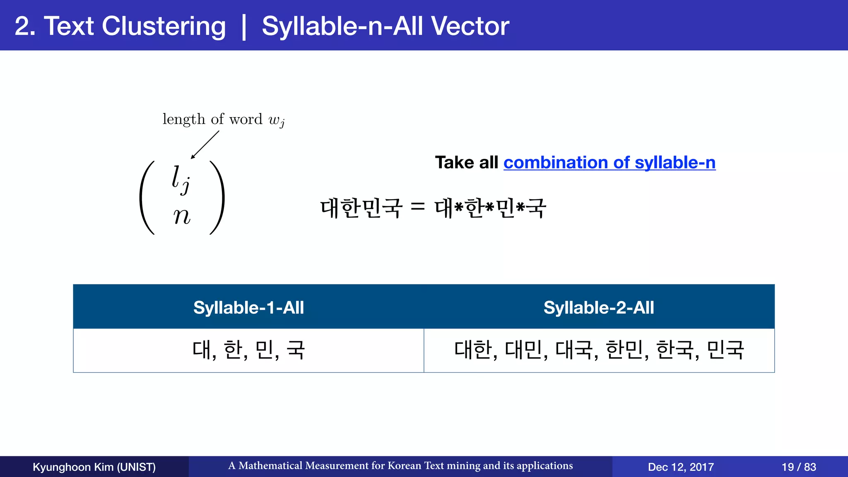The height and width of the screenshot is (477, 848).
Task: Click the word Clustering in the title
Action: click(x=164, y=26)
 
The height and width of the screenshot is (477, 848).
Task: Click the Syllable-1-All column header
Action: click(x=248, y=308)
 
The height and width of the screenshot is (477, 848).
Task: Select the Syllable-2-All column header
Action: click(x=599, y=308)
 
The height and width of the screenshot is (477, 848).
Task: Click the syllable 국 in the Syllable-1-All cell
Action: click(x=296, y=350)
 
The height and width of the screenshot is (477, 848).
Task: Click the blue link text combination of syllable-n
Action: click(x=609, y=162)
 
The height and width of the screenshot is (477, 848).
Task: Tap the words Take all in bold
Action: click(x=466, y=162)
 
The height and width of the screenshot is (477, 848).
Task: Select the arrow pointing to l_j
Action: click(x=205, y=145)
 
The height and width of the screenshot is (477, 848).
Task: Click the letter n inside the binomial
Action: click(x=182, y=216)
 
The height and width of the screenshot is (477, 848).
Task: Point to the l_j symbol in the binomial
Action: click(x=181, y=179)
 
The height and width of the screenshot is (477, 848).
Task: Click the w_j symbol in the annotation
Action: click(x=276, y=120)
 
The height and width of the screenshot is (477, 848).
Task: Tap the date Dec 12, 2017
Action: click(x=681, y=467)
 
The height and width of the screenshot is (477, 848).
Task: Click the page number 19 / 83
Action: click(x=799, y=467)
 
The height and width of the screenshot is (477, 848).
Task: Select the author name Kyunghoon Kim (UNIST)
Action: click(x=94, y=467)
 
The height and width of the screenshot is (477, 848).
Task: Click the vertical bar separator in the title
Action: click(x=244, y=26)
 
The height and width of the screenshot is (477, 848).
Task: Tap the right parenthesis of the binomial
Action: click(x=218, y=198)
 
